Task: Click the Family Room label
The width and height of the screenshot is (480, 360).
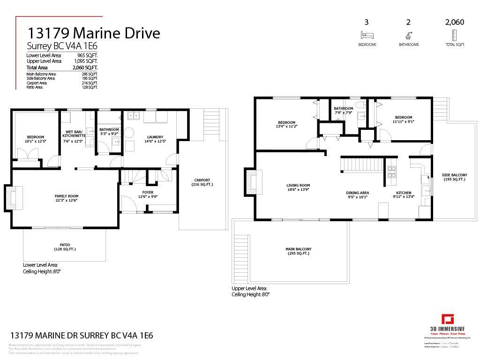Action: coord(66,198)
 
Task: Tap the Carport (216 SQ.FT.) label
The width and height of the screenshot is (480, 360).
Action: coord(202,182)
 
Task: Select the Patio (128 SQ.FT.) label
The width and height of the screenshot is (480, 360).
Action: coord(65,247)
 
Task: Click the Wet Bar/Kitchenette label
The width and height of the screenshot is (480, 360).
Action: coord(73,136)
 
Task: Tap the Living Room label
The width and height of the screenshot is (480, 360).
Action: coord(298,187)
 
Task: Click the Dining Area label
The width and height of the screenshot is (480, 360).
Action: coord(357,195)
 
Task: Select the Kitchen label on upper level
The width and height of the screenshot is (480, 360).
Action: coord(404,195)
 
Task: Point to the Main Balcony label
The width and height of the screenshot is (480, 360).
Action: coord(298,251)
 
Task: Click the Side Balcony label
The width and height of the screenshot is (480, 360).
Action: coord(454,177)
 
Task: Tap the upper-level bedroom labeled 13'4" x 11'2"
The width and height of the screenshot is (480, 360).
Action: coord(286,124)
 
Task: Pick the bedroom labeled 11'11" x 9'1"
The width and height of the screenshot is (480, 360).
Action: coord(403,119)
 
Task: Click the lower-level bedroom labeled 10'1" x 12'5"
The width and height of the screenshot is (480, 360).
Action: coord(35,139)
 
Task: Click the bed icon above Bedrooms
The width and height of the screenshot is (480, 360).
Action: coord(367,35)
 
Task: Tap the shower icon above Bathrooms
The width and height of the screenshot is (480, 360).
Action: coord(408,35)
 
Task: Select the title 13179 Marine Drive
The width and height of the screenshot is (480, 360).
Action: coord(93,33)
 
